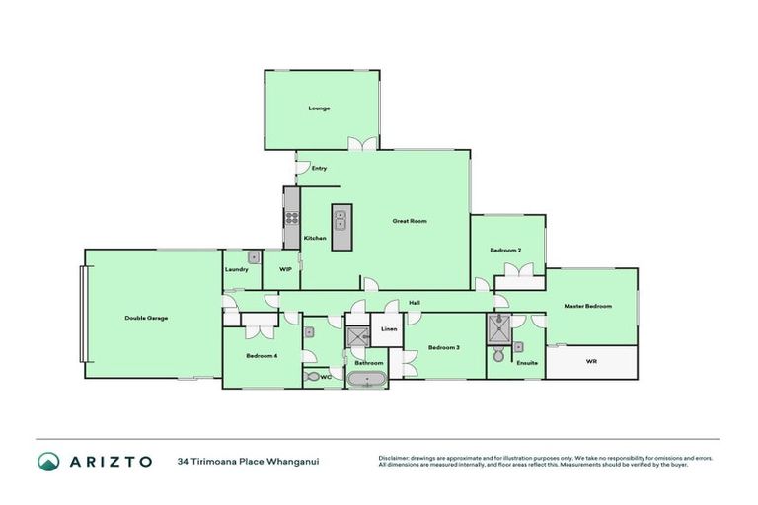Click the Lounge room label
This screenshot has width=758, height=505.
(x=319, y=108)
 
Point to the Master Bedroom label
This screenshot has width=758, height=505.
(x=588, y=306)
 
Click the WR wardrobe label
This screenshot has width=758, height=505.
(x=592, y=361)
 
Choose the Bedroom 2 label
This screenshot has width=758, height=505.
(x=505, y=250)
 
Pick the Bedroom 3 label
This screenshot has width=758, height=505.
(x=443, y=347)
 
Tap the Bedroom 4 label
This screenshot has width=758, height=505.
(x=261, y=355)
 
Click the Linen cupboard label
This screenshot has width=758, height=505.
(x=388, y=328)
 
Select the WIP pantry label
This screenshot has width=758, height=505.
(x=285, y=268)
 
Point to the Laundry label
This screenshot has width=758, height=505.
(x=236, y=269)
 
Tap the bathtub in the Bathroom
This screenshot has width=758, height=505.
(x=368, y=380)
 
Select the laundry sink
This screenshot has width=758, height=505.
(x=254, y=257)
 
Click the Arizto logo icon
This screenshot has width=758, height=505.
(x=48, y=461)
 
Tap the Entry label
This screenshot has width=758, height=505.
(x=319, y=168)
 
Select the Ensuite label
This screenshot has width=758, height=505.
(x=528, y=362)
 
